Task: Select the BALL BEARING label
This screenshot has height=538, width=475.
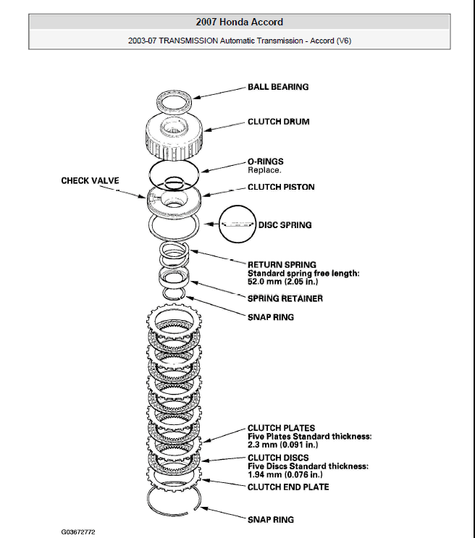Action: [x=278, y=87]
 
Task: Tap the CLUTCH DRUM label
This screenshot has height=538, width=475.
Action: [x=278, y=122]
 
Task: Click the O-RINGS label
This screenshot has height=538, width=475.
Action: [x=266, y=161]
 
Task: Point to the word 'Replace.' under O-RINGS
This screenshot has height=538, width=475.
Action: [x=264, y=170]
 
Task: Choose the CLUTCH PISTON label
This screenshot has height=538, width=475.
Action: [x=281, y=187]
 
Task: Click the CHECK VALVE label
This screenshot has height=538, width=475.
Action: [x=90, y=180]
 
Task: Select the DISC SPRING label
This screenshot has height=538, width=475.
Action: [x=285, y=225]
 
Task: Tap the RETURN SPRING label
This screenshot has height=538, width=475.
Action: [x=282, y=265]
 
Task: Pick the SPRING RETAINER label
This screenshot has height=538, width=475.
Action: [x=285, y=298]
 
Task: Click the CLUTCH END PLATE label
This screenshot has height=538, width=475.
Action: [x=288, y=487]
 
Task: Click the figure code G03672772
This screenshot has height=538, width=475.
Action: [x=78, y=531]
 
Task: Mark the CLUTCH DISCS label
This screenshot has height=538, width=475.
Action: [x=278, y=458]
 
